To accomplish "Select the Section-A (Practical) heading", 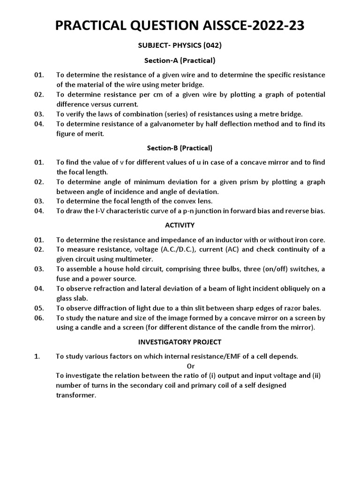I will (180, 60).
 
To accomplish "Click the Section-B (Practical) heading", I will (180, 148).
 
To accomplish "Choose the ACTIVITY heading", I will (180, 225).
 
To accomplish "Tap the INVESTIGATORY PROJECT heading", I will (180, 342).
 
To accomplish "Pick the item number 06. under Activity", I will (39, 318).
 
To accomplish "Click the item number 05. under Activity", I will (39, 308).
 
